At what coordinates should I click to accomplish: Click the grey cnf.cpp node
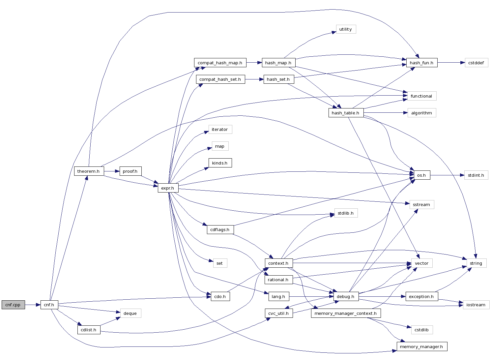13,305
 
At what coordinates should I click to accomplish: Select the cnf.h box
49,305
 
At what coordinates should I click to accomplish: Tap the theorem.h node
89,171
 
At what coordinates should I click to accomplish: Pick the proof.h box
130,171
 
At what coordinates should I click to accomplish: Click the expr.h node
168,188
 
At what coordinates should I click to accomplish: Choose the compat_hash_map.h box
220,63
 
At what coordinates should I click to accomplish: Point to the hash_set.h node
278,79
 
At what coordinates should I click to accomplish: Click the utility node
346,29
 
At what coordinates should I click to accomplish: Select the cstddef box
476,63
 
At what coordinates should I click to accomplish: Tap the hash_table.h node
346,113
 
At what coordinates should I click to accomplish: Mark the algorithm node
421,113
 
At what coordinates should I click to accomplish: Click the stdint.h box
476,175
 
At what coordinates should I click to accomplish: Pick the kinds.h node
220,163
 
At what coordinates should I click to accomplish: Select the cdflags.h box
220,230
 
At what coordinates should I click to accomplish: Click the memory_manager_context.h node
346,314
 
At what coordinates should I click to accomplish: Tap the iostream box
476,305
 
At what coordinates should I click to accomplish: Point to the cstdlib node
421,330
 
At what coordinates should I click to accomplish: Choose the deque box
130,314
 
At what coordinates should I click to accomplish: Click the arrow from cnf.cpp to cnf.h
33,305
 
